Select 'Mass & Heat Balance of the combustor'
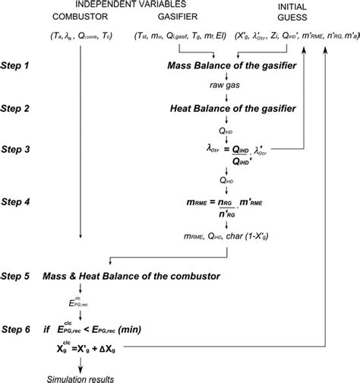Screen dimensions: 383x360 [x=137, y=274]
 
